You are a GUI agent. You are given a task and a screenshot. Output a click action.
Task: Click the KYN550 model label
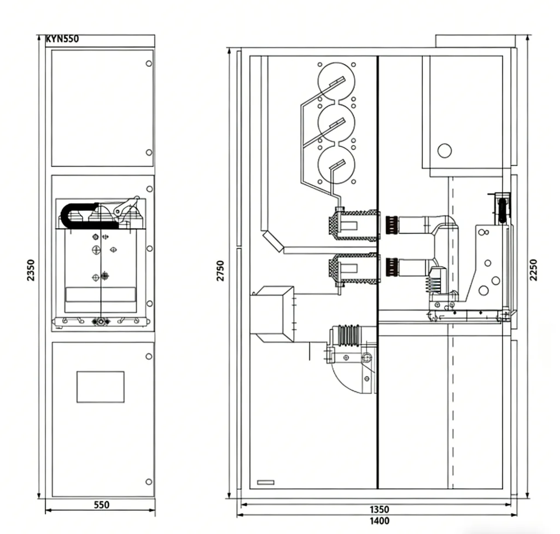[x=62, y=39]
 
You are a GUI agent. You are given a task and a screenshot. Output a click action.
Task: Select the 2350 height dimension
[x=31, y=270]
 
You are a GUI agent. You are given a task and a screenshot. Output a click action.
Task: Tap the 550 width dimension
[x=101, y=505]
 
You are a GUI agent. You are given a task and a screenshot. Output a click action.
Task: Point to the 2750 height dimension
[x=221, y=271]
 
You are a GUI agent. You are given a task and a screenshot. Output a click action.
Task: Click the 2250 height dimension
[x=533, y=270]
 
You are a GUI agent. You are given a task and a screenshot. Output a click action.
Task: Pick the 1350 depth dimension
[x=380, y=509]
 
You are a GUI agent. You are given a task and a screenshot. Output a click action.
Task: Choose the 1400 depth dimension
[x=380, y=521]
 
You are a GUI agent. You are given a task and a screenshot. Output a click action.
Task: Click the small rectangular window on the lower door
[x=101, y=387]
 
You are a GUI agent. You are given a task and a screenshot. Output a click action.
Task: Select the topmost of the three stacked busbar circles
[x=336, y=82]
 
